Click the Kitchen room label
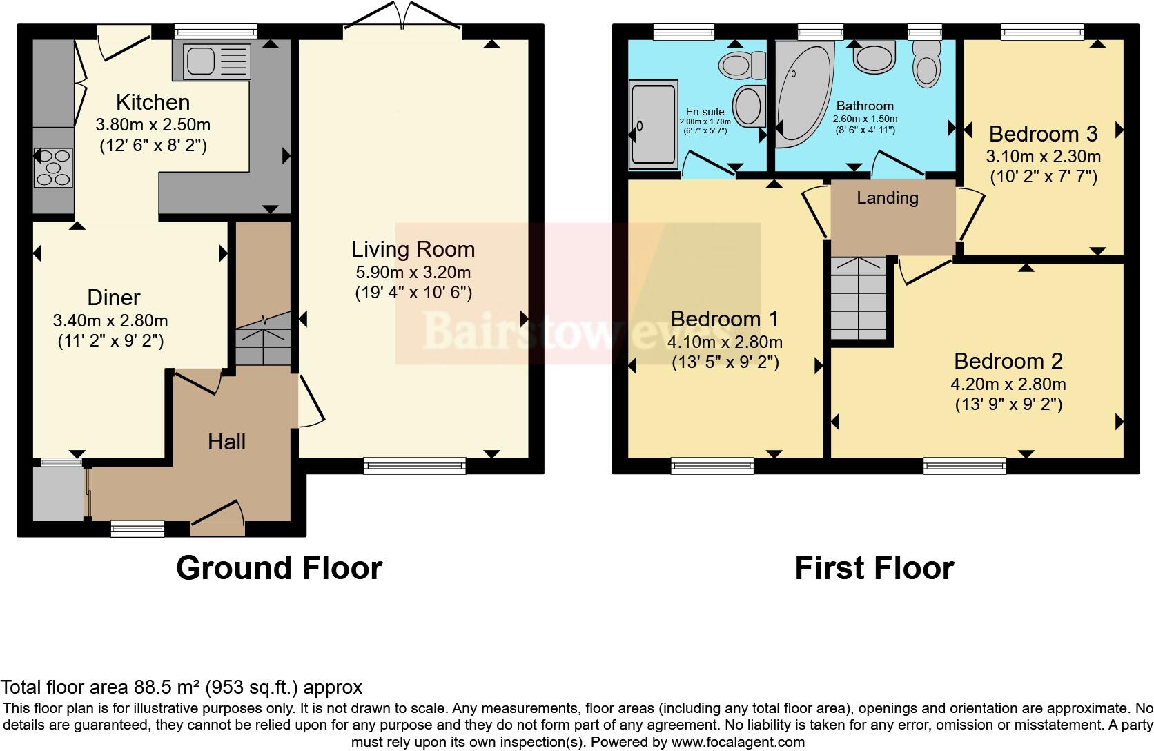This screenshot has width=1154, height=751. (153, 102)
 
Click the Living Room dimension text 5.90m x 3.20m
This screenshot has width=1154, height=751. (413, 272)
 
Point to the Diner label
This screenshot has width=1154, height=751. (114, 298)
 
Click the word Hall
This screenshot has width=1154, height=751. (226, 442)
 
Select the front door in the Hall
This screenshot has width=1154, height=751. (218, 519)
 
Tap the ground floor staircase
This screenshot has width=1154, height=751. (263, 338)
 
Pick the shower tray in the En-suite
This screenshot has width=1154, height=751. (653, 124)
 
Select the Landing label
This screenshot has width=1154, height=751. (887, 198)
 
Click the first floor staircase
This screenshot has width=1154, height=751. (858, 298)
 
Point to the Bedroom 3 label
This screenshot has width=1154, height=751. (1043, 133)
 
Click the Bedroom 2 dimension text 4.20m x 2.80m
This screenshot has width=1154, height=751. (1008, 384)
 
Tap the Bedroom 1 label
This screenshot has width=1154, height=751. (724, 319)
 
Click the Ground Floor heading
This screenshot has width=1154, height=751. (279, 568)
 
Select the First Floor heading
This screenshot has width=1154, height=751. (874, 568)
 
